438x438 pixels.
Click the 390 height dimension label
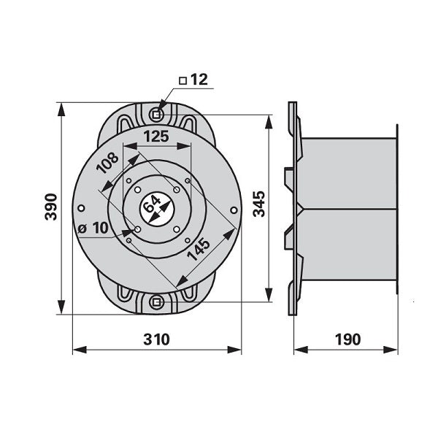coord(51,207)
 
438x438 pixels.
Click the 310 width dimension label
coord(156,339)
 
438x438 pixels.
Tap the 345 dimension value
coord(258,204)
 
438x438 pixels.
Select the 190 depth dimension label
coord(347,339)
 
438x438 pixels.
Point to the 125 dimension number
coord(156,137)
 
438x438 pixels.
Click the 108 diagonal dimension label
coord(107,163)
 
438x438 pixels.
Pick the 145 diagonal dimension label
coord(199,249)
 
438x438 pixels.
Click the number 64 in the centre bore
coord(152,204)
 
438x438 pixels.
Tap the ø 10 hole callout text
coord(93,228)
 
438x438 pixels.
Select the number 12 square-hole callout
coord(199,80)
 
